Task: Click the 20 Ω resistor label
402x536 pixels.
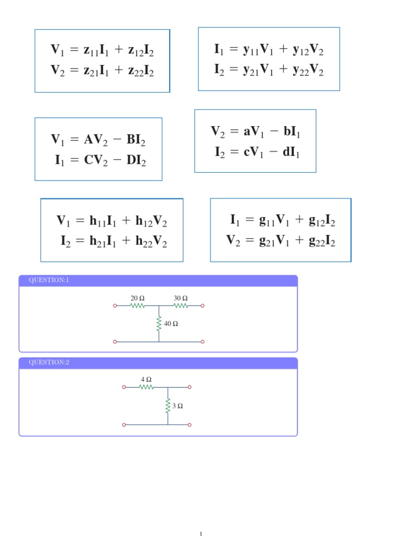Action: tap(137, 298)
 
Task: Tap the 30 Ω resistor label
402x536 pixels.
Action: tap(181, 298)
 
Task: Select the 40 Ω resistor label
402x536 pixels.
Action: tap(171, 323)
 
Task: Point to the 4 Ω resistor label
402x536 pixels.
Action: tap(146, 379)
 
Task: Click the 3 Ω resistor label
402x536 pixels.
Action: tap(177, 406)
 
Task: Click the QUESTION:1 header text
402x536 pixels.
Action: tap(49, 280)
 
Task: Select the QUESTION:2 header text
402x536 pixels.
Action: tap(49, 362)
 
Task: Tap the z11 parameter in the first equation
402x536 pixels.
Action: tap(91, 51)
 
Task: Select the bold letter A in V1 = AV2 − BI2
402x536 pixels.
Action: tap(88, 140)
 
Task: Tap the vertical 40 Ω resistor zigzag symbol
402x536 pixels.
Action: tap(159, 323)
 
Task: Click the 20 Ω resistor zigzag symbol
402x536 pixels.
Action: tap(137, 306)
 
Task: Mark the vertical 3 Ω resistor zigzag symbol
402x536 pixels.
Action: tap(168, 406)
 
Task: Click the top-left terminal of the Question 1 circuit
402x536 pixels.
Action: tap(115, 306)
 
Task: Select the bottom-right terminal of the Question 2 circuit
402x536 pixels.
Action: tap(189, 425)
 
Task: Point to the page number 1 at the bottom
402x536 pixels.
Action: tap(200, 533)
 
